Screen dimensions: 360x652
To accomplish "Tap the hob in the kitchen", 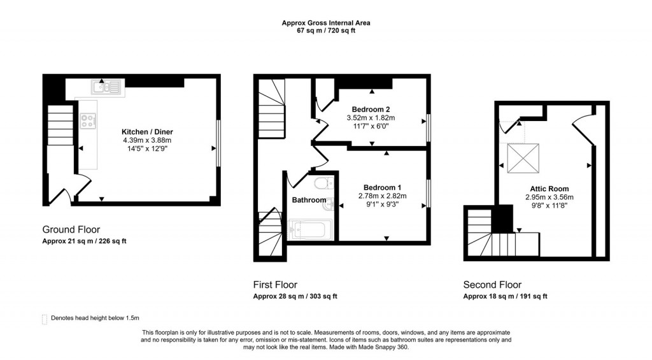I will [x=87, y=119].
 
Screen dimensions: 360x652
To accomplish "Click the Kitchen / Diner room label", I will [x=147, y=132].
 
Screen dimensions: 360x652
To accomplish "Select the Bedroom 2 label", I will [x=371, y=109].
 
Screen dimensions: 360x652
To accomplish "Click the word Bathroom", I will [x=309, y=200].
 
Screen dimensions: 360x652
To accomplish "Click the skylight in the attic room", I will [x=523, y=156].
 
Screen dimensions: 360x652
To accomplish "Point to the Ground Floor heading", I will [x=71, y=229].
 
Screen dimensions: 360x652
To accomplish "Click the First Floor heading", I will [x=275, y=285].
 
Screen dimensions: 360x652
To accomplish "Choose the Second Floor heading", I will [x=492, y=285].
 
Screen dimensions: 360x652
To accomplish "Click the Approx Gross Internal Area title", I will [x=326, y=23].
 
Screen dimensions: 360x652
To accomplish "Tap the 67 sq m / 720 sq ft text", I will [x=326, y=31].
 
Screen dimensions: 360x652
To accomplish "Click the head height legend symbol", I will [x=44, y=319].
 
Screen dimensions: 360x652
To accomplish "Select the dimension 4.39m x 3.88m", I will [x=147, y=140].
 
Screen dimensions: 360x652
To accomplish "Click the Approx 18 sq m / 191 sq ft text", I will [x=505, y=296].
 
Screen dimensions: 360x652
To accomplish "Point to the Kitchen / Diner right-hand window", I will [x=218, y=143].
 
